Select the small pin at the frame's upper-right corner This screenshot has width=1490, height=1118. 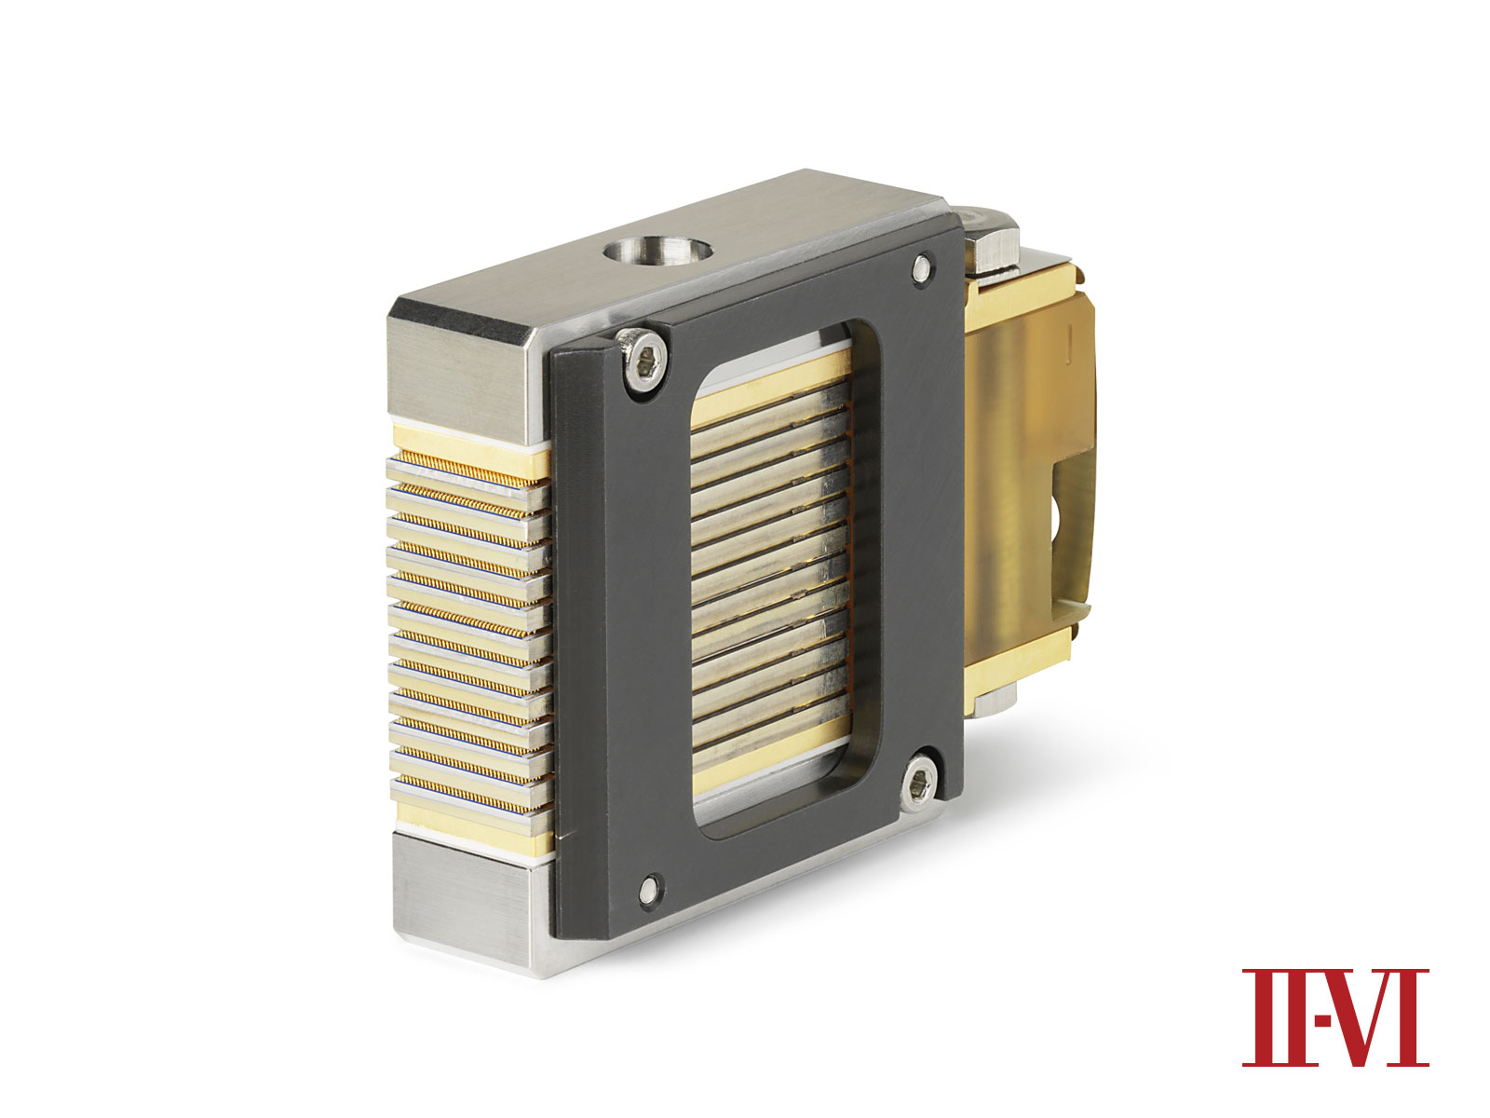tap(921, 267)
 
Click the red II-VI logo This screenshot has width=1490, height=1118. tap(1334, 1017)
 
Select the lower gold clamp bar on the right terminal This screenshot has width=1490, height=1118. tap(1020, 648)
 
